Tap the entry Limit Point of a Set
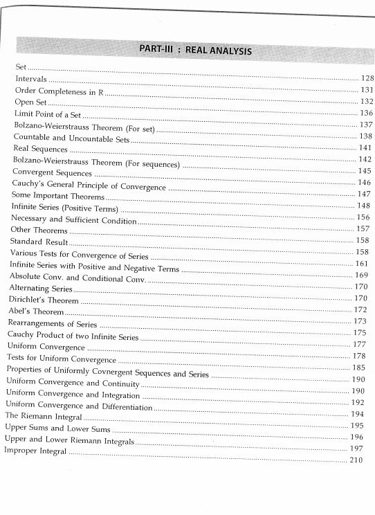coord(48,114)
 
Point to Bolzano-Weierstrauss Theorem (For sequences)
coord(96,161)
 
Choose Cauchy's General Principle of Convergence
coord(89,186)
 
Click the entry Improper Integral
coord(35,451)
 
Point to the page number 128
coord(367,80)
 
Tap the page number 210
coord(356,460)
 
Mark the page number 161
coord(363,264)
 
